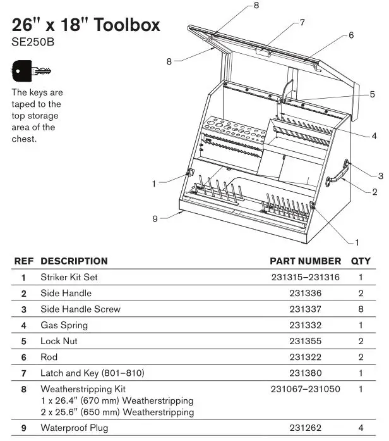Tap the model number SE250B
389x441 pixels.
pyautogui.click(x=33, y=43)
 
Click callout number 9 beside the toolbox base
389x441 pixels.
pyautogui.click(x=155, y=218)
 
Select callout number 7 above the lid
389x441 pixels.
pyautogui.click(x=302, y=22)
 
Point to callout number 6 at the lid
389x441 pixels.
pyautogui.click(x=350, y=35)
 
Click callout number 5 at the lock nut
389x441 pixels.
pyautogui.click(x=373, y=94)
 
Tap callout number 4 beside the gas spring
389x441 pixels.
pyautogui.click(x=374, y=135)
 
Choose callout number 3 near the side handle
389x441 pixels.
pyautogui.click(x=381, y=176)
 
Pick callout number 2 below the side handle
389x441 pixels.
pyautogui.click(x=374, y=192)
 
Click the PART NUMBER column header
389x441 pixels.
pyautogui.click(x=305, y=261)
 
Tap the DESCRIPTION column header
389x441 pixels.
pyautogui.click(x=74, y=261)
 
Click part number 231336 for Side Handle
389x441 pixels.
pyautogui.click(x=305, y=293)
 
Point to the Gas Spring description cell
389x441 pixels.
pyautogui.click(x=64, y=325)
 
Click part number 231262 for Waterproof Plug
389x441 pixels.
pyautogui.click(x=305, y=428)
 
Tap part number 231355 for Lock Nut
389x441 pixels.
pyautogui.click(x=305, y=341)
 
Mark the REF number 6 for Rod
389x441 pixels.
pyautogui.click(x=23, y=357)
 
